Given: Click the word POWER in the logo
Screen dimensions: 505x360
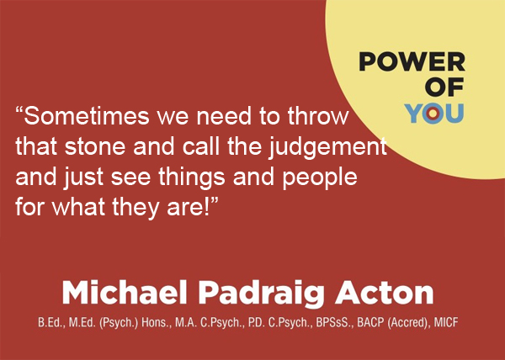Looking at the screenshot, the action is [x=412, y=61].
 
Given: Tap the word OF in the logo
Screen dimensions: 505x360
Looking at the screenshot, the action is [x=444, y=87].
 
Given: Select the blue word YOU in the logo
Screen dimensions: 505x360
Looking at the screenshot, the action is [x=434, y=114].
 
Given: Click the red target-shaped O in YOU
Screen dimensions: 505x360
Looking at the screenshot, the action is [x=433, y=114].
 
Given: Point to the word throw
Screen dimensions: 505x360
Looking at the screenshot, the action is [x=318, y=115].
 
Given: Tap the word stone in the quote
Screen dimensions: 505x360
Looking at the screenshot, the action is [x=94, y=146].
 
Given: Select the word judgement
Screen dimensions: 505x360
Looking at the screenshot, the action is [x=327, y=148].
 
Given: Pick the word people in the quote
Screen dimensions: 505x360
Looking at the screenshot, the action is [x=320, y=179].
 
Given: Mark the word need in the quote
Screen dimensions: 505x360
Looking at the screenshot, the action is [x=224, y=115].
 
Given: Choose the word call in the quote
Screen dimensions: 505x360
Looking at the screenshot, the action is [x=201, y=146].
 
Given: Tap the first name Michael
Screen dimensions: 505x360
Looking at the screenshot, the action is [x=125, y=292].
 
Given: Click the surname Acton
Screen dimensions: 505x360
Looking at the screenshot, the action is [x=385, y=292].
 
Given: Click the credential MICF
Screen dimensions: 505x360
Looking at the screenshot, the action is [x=446, y=322].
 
